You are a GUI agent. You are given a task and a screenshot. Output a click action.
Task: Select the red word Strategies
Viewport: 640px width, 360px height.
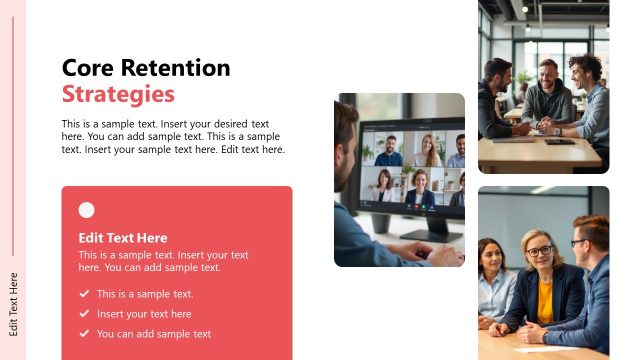[118, 95]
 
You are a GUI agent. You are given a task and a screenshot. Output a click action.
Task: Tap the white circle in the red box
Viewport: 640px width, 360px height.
[87, 210]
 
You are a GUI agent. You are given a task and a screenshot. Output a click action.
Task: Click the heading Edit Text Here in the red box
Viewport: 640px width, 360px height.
[123, 238]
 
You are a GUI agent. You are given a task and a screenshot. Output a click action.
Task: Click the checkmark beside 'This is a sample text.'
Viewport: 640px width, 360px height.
[84, 294]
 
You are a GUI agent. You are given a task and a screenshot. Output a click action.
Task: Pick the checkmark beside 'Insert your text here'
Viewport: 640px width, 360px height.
[84, 314]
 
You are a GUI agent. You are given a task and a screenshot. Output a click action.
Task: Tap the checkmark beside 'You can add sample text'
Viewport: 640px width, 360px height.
[84, 334]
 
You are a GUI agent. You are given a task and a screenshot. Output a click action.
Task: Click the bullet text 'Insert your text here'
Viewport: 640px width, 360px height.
[144, 314]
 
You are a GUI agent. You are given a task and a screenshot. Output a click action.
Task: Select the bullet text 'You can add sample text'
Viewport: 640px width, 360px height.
[154, 334]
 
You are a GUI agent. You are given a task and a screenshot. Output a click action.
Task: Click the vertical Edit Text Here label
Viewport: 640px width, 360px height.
[13, 303]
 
